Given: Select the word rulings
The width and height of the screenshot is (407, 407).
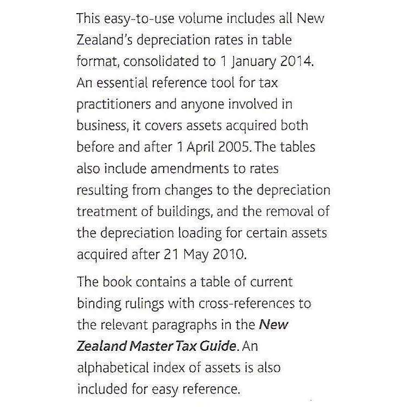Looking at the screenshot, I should (x=159, y=303).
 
